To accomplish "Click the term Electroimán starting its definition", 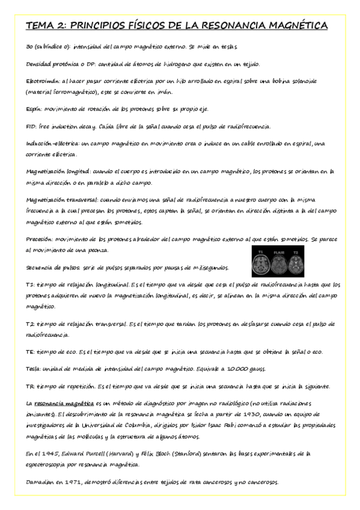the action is pyautogui.click(x=42, y=79).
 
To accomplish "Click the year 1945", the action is pyautogui.click(x=50, y=453).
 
